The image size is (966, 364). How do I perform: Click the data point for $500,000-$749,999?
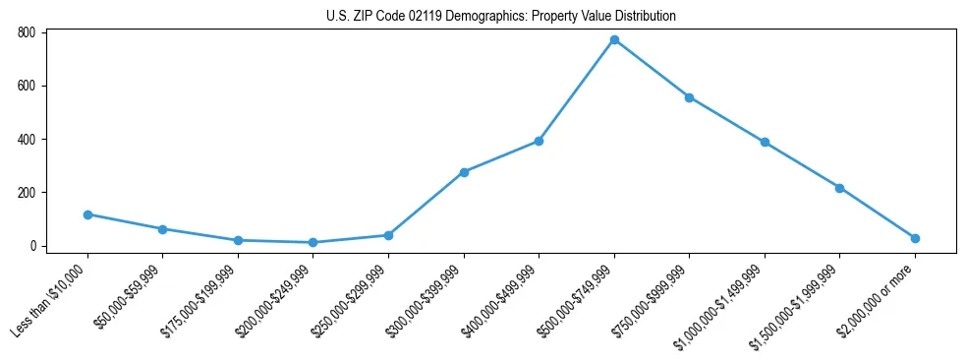614,40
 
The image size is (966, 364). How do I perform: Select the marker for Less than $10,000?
87,214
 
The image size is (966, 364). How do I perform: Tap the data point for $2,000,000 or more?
915,238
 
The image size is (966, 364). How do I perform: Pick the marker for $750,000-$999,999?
689,97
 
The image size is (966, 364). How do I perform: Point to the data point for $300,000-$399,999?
464,172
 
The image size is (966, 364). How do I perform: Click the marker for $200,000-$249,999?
313,242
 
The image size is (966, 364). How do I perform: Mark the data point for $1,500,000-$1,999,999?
839,188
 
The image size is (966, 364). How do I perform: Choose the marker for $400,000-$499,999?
539,141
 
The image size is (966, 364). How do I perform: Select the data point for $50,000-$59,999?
162,229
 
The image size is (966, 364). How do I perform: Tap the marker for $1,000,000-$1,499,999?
765,142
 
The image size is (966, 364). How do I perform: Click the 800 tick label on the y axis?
27,32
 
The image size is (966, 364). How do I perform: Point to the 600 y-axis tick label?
27,86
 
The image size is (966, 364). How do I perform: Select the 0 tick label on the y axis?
32,246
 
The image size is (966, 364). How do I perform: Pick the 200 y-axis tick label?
27,193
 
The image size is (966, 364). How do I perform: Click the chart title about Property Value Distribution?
500,17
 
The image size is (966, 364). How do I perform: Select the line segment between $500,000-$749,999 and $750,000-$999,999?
652,69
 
